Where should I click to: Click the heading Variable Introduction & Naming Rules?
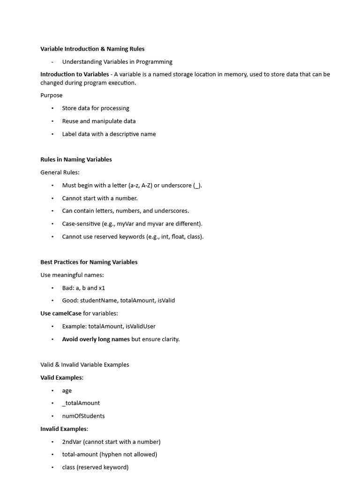pos(92,49)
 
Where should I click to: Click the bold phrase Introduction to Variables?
pos(74,75)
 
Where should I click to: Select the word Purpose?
pos(51,95)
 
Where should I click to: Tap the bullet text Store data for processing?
pos(96,108)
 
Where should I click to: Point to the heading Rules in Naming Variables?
pos(76,159)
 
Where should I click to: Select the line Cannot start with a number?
pos(100,198)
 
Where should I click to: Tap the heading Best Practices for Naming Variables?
pos(89,262)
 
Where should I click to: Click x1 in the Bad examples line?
pos(102,288)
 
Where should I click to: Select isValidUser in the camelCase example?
pos(141,326)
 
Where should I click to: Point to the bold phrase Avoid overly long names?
pos(96,339)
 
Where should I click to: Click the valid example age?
pos(67,390)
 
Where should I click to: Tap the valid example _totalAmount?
pos(81,403)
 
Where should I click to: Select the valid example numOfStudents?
pos(83,416)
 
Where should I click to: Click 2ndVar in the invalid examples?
pos(72,442)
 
